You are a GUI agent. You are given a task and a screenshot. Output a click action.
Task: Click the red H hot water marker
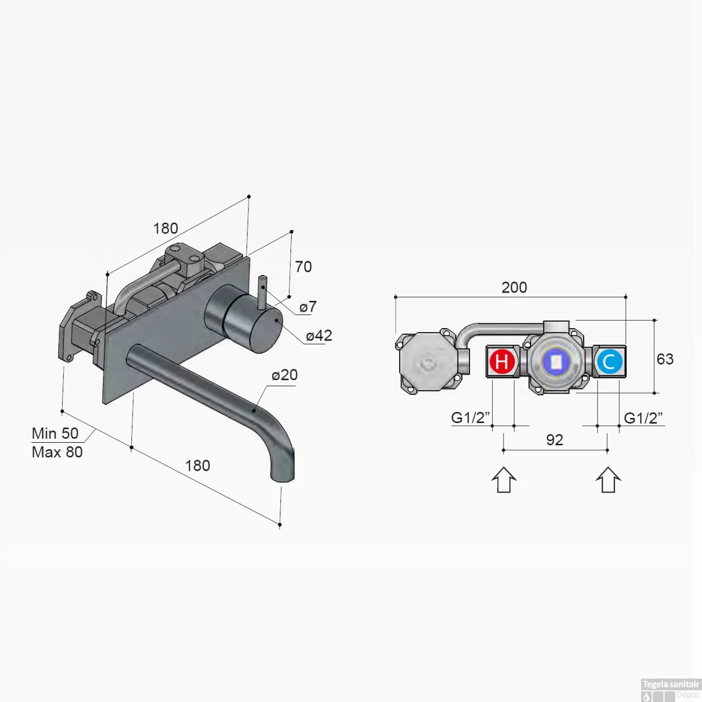tap(502, 362)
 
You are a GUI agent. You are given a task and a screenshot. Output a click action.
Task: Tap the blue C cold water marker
tap(609, 362)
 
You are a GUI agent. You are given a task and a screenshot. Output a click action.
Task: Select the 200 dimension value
tap(514, 287)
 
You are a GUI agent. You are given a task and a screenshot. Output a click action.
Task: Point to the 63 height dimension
tap(665, 359)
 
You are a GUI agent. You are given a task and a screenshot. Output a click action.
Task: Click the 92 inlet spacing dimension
tap(555, 440)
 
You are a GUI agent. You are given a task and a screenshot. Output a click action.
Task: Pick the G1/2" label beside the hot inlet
tap(470, 417)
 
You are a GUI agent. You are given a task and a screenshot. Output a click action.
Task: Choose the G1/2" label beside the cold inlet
tap(643, 418)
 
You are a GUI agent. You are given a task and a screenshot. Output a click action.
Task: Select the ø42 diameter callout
tap(319, 336)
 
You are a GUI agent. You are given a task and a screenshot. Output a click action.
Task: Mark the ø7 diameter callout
tap(308, 307)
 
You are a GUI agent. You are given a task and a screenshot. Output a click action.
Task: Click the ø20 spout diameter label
tap(285, 375)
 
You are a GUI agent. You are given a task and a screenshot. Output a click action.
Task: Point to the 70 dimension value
tap(303, 267)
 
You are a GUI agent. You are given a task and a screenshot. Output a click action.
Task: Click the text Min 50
tap(55, 433)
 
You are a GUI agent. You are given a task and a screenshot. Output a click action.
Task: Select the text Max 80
tap(57, 452)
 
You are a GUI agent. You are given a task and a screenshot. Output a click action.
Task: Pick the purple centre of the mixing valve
tap(556, 362)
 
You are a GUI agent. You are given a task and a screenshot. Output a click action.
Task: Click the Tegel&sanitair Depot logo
tap(671, 690)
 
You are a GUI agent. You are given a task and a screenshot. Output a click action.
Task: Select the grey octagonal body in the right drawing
tap(427, 362)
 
